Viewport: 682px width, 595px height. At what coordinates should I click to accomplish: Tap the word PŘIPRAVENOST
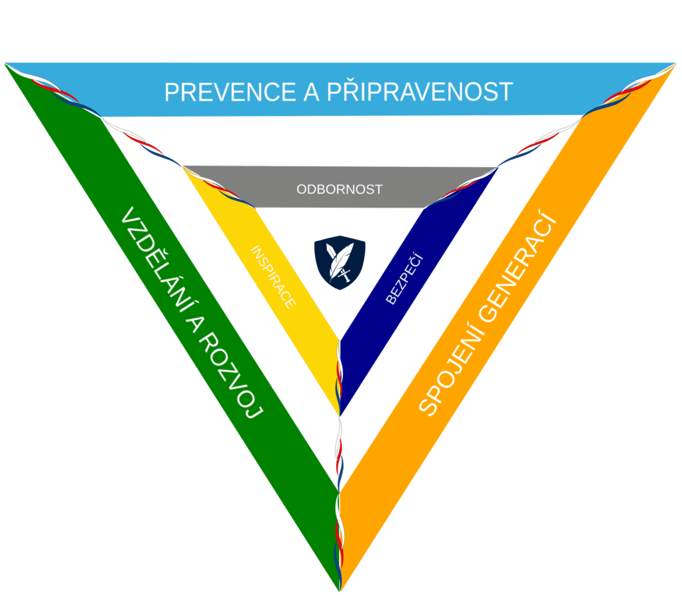420,91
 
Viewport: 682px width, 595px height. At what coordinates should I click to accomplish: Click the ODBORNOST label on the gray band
340,190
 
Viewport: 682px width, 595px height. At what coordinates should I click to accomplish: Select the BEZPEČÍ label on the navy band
404,280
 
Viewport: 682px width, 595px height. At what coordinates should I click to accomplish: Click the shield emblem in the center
340,262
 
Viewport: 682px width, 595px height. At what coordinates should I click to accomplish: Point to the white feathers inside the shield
339,257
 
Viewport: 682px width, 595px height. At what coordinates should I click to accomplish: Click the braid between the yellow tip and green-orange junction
340,446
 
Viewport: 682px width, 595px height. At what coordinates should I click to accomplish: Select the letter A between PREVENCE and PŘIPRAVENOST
310,92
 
